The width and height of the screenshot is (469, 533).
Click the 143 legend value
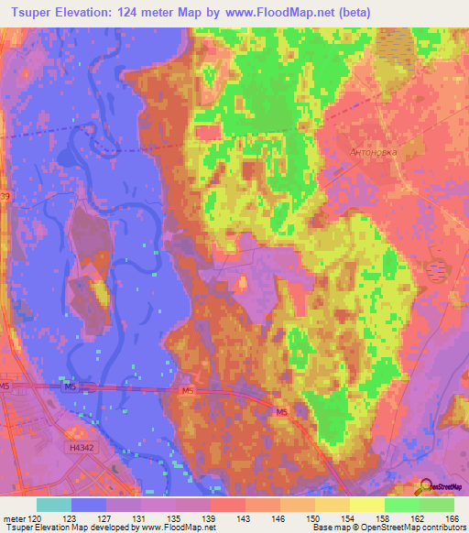[x=244, y=517]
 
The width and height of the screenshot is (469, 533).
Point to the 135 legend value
[x=175, y=517]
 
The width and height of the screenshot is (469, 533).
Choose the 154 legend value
[x=348, y=517]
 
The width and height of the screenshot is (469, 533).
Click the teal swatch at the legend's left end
[x=54, y=505]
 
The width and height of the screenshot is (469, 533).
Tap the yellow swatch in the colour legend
[x=366, y=505]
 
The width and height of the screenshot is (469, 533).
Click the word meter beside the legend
[x=12, y=517]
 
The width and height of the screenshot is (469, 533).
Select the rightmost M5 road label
[x=281, y=413]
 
